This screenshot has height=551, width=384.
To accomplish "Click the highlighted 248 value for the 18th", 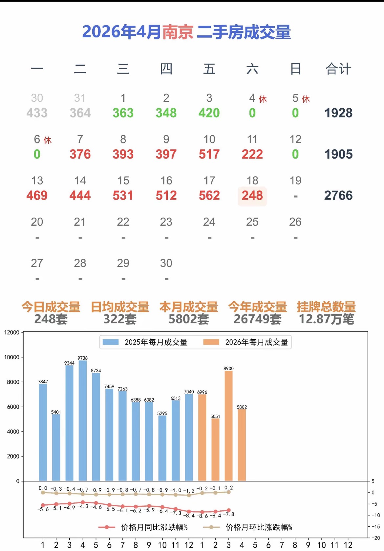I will [x=252, y=196].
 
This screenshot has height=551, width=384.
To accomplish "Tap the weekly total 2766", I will [x=338, y=196].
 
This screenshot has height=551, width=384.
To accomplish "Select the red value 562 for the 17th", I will [x=209, y=196].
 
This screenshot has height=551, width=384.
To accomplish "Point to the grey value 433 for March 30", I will [x=37, y=113].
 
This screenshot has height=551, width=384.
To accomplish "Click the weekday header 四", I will [x=166, y=69].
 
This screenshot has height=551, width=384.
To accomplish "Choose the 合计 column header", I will [x=338, y=69].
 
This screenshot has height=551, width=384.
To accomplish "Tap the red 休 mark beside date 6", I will [x=48, y=140].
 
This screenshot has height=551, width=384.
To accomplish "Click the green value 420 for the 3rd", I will [x=209, y=113].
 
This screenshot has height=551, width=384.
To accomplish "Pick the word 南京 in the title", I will [x=178, y=32].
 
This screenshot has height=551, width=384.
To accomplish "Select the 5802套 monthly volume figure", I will [x=189, y=319].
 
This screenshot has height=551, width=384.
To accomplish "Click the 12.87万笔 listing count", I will [x=326, y=319].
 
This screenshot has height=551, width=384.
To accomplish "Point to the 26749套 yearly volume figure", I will [x=258, y=319].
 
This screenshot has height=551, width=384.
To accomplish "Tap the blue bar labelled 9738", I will [x=83, y=420].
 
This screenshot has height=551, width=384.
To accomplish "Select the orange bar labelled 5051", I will [x=215, y=450].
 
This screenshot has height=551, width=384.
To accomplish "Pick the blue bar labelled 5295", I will [x=162, y=448].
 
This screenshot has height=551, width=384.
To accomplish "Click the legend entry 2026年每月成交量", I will [x=246, y=342].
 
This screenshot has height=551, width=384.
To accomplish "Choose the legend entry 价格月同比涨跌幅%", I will [x=144, y=527].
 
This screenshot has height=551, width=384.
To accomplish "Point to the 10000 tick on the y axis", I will [x=12, y=357].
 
